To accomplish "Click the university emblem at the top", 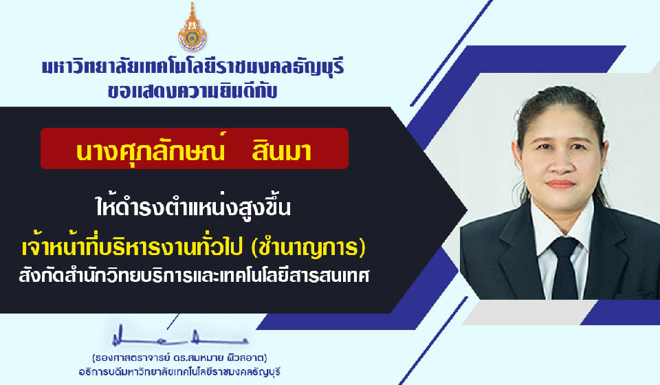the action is pyautogui.click(x=192, y=27).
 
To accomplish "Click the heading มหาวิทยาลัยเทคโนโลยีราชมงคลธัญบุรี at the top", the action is pyautogui.click(x=192, y=68).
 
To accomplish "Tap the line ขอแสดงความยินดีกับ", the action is pyautogui.click(x=192, y=91).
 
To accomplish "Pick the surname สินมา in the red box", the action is pyautogui.click(x=281, y=151).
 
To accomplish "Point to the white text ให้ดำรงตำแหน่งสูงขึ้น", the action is pyautogui.click(x=192, y=207).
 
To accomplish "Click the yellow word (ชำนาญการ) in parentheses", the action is pyautogui.click(x=308, y=247).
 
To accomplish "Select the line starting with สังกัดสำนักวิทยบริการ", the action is pyautogui.click(x=194, y=276).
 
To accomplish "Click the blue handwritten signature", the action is pyautogui.click(x=179, y=337).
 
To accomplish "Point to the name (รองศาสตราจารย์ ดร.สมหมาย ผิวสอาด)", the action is pyautogui.click(x=179, y=358).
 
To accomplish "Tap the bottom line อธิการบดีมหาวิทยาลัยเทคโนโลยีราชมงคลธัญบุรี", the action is pyautogui.click(x=179, y=372).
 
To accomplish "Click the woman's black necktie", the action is pyautogui.click(x=564, y=268).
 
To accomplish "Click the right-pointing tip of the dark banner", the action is pyautogui.click(x=466, y=210).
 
